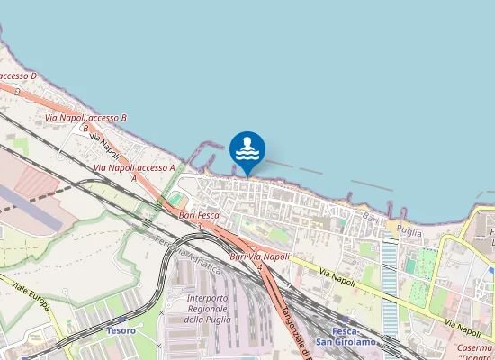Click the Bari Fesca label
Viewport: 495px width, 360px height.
[199, 215]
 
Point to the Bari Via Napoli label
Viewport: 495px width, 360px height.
[260, 257]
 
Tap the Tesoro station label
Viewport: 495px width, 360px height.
[121, 331]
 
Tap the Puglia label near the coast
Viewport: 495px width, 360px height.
[409, 231]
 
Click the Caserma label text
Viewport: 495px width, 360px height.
[473, 347]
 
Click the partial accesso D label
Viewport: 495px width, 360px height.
[18, 76]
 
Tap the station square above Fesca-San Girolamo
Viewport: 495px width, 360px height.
[344, 319]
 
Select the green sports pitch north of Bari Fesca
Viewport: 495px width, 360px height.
[175, 197]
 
